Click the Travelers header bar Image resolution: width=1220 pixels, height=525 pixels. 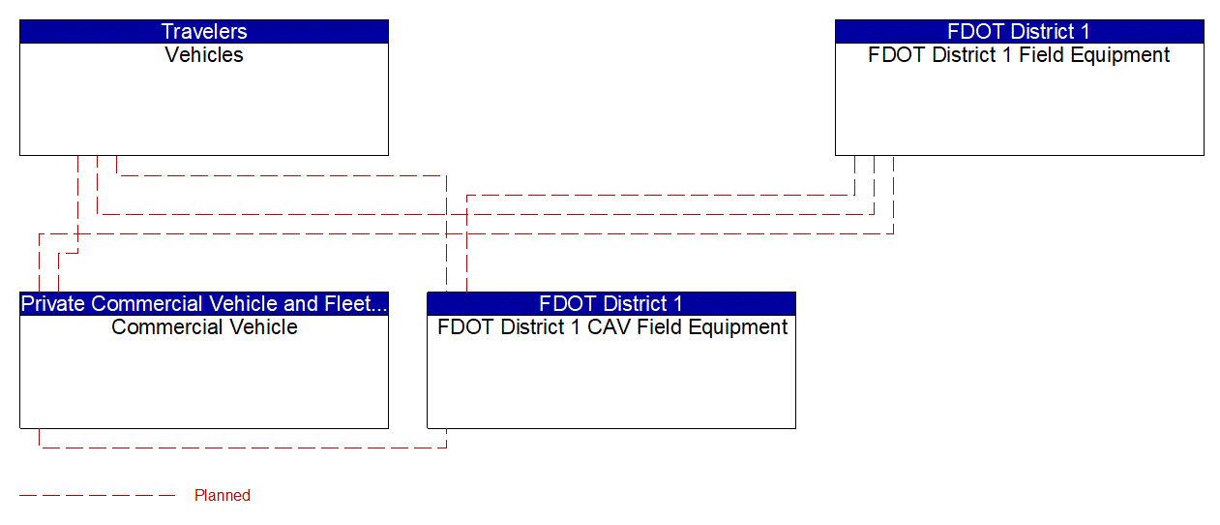[204, 31]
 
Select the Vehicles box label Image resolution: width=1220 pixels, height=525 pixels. [204, 55]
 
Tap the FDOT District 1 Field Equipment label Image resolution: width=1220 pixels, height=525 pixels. [1019, 55]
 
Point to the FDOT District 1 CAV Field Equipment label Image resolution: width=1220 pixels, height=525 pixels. [611, 327]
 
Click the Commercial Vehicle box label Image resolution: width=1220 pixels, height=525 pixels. [204, 327]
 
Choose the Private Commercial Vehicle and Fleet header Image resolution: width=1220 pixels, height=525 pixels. [204, 304]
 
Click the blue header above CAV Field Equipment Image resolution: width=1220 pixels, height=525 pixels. [611, 304]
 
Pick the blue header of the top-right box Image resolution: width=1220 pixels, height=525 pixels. [1019, 31]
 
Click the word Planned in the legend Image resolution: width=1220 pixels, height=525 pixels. [223, 496]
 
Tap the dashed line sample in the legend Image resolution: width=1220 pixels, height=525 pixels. [97, 496]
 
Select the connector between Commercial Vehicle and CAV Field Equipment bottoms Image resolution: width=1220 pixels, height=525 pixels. [242, 448]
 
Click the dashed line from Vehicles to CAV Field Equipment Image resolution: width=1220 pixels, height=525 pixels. [281, 175]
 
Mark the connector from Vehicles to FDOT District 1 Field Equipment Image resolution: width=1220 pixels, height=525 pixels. [484, 214]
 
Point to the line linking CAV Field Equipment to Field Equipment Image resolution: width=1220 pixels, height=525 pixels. [658, 195]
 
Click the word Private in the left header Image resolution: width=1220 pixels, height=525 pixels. [53, 304]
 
